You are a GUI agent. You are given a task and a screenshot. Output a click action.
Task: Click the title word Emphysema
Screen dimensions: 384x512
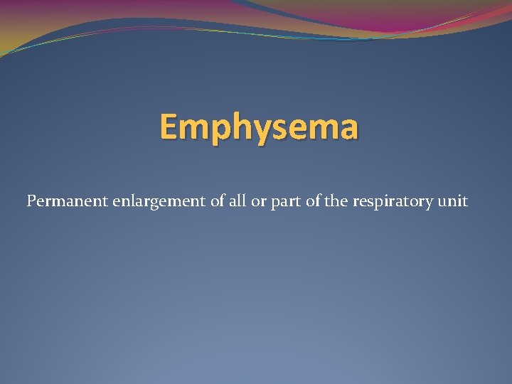coord(259,128)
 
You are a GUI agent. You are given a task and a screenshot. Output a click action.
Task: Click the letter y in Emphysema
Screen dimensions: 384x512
coord(258,132)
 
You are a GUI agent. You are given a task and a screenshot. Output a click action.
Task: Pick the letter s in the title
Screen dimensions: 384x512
coord(276,129)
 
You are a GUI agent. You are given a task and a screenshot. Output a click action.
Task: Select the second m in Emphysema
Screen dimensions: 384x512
coord(321,129)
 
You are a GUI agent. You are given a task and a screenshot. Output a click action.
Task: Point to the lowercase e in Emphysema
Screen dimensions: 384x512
coord(294,129)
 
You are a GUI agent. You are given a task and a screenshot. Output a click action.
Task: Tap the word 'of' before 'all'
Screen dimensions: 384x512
coord(218,201)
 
